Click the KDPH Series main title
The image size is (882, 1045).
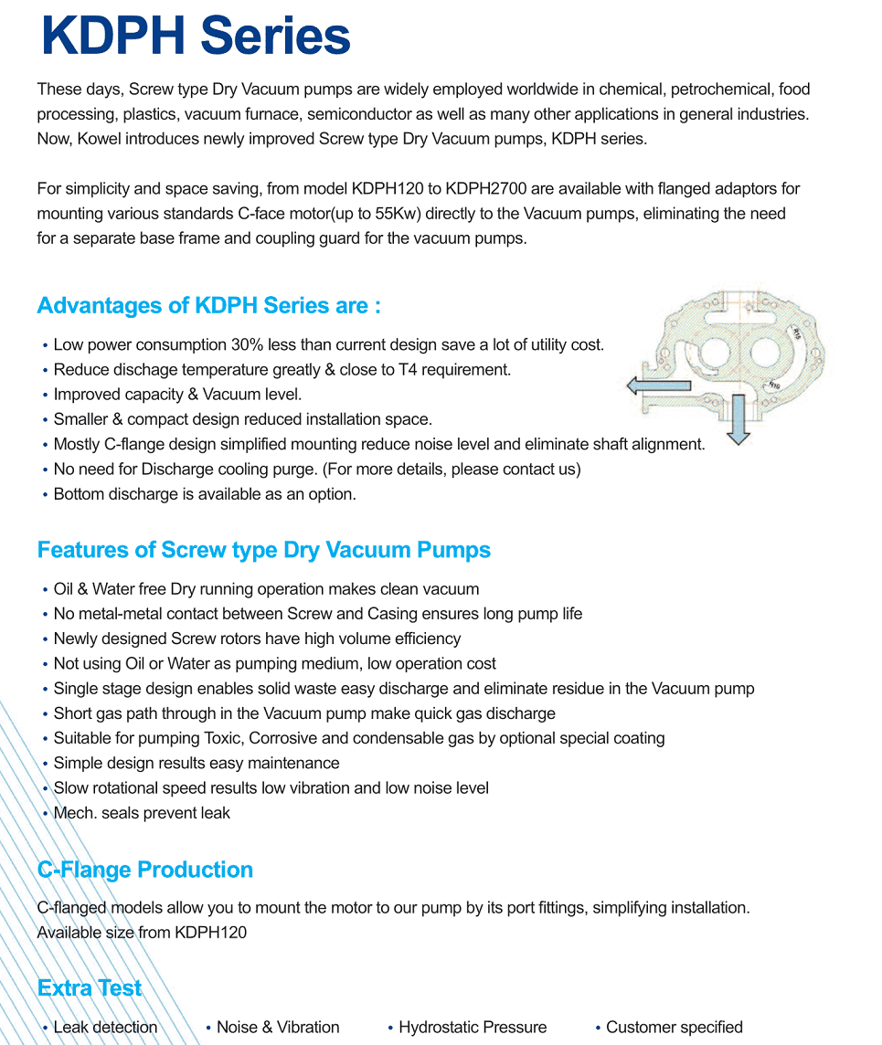click(196, 37)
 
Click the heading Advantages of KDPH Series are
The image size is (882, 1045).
click(208, 305)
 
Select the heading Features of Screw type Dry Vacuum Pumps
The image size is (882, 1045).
click(263, 550)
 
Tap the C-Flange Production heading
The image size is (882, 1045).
click(144, 870)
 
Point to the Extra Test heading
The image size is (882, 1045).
click(90, 988)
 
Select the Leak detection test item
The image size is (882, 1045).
click(105, 1028)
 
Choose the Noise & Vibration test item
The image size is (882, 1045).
click(278, 1028)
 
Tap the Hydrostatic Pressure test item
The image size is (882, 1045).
click(473, 1028)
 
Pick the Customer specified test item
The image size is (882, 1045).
click(675, 1028)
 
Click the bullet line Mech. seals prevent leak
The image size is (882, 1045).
click(142, 813)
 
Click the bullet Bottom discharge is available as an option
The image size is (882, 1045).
click(205, 494)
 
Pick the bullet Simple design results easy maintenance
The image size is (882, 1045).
click(197, 763)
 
